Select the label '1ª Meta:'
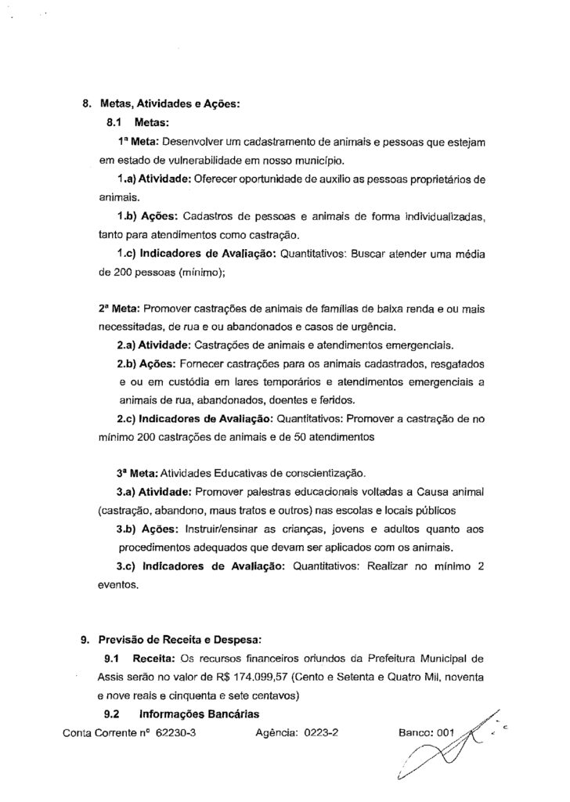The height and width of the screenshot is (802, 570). pyautogui.click(x=138, y=143)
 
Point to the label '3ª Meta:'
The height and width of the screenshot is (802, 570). pyautogui.click(x=138, y=474)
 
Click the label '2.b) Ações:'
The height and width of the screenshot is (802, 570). pyautogui.click(x=146, y=363)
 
